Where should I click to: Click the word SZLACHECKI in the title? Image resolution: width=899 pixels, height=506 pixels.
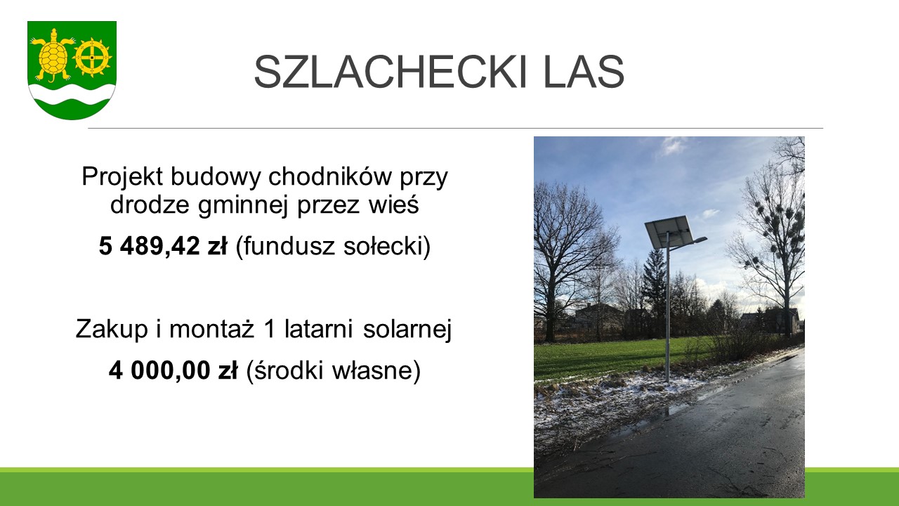point(391,72)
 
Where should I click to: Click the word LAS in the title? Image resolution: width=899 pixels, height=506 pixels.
point(584,72)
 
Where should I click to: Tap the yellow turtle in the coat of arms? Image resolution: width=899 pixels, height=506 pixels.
point(53,55)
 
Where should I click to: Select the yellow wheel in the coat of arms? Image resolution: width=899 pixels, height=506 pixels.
point(92,58)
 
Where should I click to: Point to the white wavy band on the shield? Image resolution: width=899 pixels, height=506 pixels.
point(72,95)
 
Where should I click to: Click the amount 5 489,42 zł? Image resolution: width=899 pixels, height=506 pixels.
point(163,246)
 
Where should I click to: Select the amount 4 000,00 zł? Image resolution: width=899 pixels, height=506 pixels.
point(173,370)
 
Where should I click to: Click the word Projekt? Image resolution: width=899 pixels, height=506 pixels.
point(122,177)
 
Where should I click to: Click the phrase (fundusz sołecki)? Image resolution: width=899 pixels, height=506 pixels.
point(333,247)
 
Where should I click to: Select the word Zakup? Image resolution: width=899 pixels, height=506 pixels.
point(112,330)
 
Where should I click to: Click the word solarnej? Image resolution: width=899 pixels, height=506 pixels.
point(407,330)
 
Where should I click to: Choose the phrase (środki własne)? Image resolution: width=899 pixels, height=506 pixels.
point(333,370)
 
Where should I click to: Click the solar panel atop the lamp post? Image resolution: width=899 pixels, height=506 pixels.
point(668,232)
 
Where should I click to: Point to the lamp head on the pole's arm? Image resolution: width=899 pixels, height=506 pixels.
point(700,240)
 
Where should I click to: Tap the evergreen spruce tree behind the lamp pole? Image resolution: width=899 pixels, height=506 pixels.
point(653,289)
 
